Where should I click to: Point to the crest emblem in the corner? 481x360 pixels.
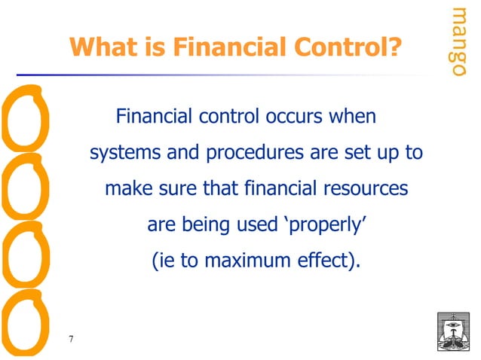tap(452, 328)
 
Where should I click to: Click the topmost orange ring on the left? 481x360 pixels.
tap(26, 121)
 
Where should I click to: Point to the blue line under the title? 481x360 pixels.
tap(226, 75)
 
